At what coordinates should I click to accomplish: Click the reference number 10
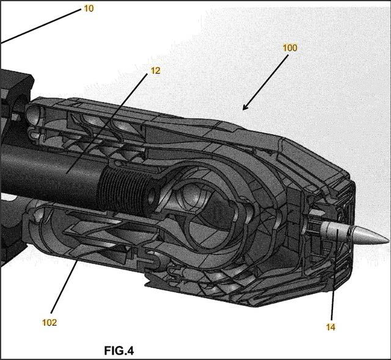pos(89,10)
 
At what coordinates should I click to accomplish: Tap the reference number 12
pos(155,70)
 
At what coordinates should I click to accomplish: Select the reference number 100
pos(290,47)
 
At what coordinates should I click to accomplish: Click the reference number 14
pos(331,327)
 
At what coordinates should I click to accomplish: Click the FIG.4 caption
pos(119,351)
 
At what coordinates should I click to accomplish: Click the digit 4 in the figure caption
pos(129,351)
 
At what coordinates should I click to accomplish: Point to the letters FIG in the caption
pos(113,351)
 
